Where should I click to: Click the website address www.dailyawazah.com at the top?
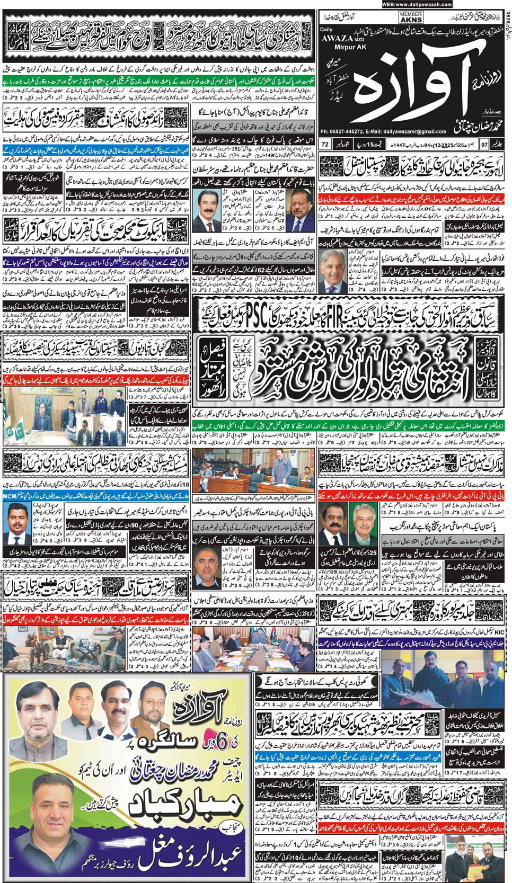417,4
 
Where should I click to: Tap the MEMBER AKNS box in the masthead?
411,17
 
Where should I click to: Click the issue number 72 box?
325,144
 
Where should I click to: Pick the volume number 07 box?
484,144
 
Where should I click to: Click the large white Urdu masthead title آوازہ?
413,85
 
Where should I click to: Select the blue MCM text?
10,496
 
